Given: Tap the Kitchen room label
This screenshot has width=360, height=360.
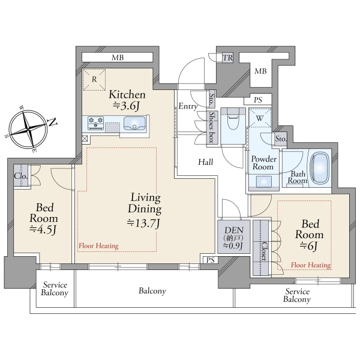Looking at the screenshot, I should tap(126, 100).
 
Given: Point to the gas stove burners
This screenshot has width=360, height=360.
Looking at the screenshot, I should tap(97, 123).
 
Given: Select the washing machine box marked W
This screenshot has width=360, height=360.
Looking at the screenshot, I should tap(259, 119).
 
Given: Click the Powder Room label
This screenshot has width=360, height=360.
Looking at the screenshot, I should tap(263, 163).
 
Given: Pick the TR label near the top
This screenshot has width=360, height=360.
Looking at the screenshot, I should tap(227, 58).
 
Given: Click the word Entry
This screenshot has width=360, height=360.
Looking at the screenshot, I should tap(188, 106).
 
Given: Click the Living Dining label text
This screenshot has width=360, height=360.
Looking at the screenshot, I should tap(144, 210).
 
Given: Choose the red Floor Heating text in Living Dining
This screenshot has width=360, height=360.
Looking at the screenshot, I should tap(98, 246).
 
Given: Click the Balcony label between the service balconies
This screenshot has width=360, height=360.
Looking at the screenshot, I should tap(152, 291).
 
